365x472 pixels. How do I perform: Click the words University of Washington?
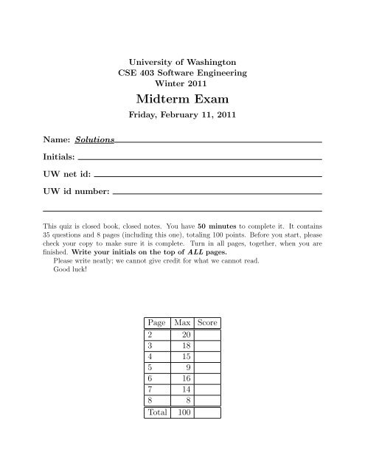(182, 62)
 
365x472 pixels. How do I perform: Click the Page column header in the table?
(156, 323)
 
